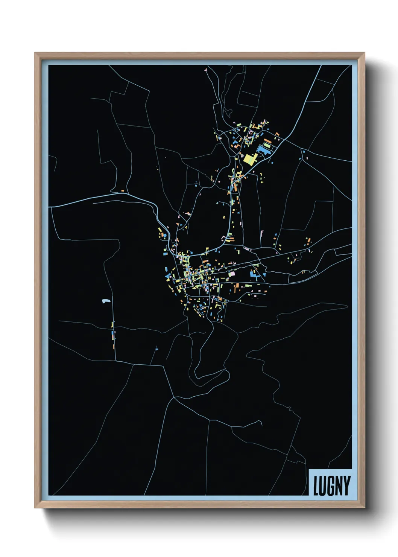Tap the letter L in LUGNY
316,485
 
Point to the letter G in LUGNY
331,485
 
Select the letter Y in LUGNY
346,485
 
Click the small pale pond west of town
106,301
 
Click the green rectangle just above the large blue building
267,145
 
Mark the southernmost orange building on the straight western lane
113,344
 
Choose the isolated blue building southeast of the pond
157,350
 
